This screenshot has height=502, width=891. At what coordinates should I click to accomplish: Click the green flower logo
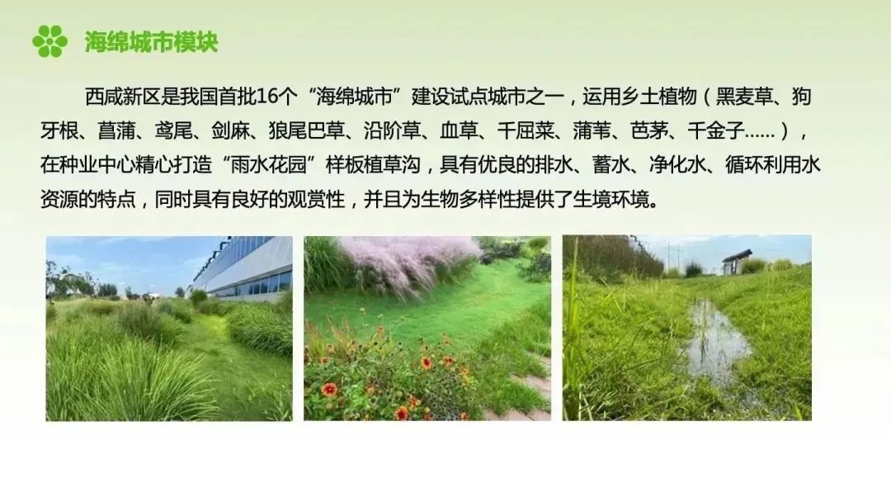tap(50, 41)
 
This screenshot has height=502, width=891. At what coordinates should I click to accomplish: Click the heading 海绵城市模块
tap(151, 42)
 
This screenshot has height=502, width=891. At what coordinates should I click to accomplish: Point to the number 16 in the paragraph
tap(267, 97)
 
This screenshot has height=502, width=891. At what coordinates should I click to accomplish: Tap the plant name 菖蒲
tap(116, 130)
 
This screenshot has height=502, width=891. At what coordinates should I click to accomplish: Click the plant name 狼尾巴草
tap(307, 130)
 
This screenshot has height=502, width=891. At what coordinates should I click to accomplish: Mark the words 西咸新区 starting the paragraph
tap(123, 97)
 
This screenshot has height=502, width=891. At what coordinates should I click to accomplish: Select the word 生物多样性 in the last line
tap(469, 200)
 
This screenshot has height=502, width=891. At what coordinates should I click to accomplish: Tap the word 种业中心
tap(97, 165)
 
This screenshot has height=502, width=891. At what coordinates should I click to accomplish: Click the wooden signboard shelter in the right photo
tap(737, 262)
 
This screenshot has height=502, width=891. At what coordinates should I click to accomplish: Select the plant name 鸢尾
tap(173, 130)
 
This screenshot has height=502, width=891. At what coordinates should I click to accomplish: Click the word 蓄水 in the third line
tap(610, 165)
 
